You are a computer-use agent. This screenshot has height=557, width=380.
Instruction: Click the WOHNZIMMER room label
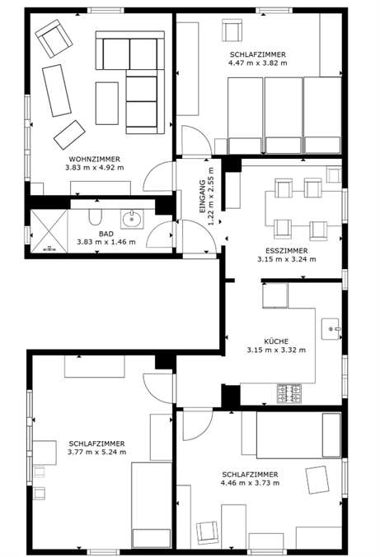pos(94,158)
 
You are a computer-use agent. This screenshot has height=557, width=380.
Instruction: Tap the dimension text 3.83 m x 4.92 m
pos(94,168)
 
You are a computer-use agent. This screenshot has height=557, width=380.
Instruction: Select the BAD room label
pos(106,233)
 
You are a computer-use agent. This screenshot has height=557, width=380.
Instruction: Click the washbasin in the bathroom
pos(131,219)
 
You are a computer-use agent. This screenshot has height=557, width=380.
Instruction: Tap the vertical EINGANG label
pos(202,195)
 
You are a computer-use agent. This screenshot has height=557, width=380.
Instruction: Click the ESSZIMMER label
pos(287,249)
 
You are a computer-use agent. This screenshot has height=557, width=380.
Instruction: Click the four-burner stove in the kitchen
pos(290,393)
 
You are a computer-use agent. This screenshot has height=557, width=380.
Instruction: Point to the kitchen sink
pos(331,328)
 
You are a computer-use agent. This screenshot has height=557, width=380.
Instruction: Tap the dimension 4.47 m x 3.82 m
pos(260,63)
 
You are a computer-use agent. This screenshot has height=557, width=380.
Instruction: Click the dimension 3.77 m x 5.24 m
pos(97,453)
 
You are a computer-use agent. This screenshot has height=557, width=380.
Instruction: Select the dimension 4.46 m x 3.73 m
pos(250,484)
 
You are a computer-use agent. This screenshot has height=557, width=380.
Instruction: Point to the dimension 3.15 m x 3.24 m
pos(287,259)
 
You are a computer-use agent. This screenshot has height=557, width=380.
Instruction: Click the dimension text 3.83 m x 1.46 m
pos(106,243)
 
